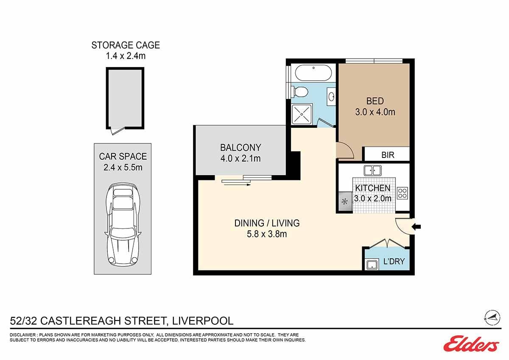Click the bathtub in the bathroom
pyautogui.click(x=313, y=73)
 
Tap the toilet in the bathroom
pyautogui.click(x=300, y=92)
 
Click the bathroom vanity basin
pyautogui.click(x=331, y=97)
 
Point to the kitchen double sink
pyautogui.click(x=372, y=170)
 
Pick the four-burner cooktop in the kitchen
pyautogui.click(x=403, y=193)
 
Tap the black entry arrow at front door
pyautogui.click(x=416, y=227)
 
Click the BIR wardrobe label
pyautogui.click(x=388, y=155)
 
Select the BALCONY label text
pyautogui.click(x=241, y=148)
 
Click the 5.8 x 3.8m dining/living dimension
pyautogui.click(x=267, y=234)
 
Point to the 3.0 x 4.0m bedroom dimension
pyautogui.click(x=375, y=112)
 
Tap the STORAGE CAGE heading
pyautogui.click(x=126, y=45)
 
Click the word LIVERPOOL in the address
pyautogui.click(x=203, y=321)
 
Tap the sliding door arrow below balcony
pyautogui.click(x=237, y=185)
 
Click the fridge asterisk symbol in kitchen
pyautogui.click(x=345, y=202)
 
